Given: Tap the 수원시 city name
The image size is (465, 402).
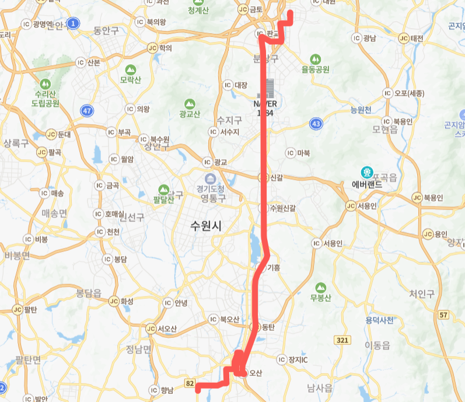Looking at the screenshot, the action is click(x=206, y=226).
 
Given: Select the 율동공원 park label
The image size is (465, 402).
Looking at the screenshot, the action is click(x=316, y=69).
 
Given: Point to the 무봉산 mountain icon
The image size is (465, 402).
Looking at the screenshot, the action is click(x=320, y=288).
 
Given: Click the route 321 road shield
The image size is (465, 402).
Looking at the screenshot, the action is click(x=342, y=340).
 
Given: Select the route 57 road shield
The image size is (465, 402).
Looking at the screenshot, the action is click(x=445, y=315).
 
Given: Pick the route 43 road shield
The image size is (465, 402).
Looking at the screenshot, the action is click(x=316, y=124).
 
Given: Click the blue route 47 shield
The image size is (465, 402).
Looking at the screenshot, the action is click(x=87, y=110).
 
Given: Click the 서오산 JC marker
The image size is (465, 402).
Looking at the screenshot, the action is click(x=151, y=328).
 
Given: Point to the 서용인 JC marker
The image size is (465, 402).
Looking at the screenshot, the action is click(x=350, y=205).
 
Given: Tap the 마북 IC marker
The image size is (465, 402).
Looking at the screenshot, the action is click(x=290, y=153).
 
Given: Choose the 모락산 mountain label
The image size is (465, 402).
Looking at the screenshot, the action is click(x=130, y=79).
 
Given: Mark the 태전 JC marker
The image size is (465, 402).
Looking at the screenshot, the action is click(x=403, y=39).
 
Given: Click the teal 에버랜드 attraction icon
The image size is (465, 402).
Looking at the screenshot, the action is click(x=368, y=173).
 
